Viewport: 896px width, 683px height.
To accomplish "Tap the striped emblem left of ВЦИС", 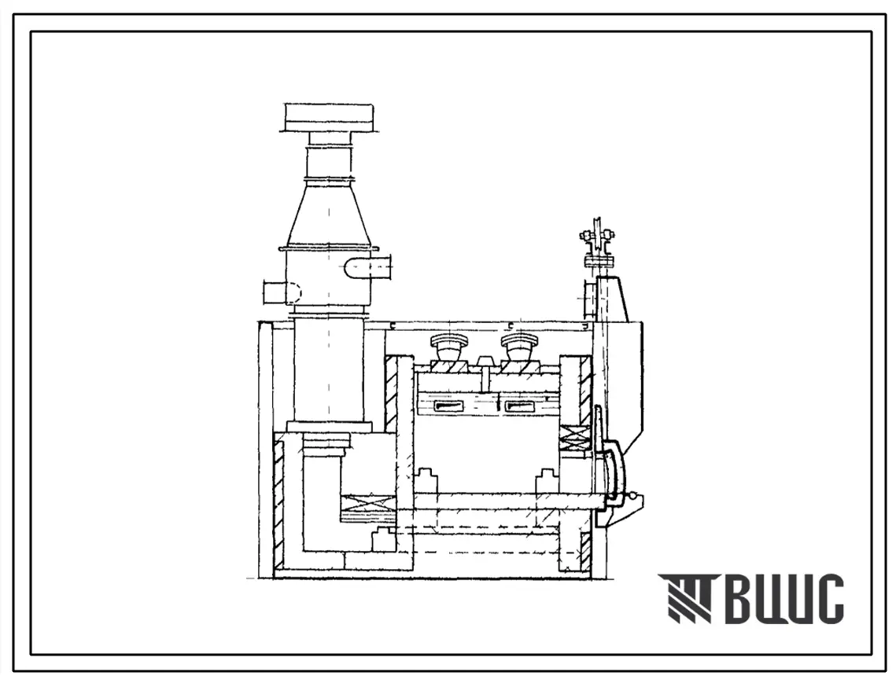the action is (x=686, y=598).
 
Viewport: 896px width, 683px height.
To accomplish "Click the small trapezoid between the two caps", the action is (x=485, y=362).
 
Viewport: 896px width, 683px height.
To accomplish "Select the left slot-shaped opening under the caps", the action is (x=452, y=406).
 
